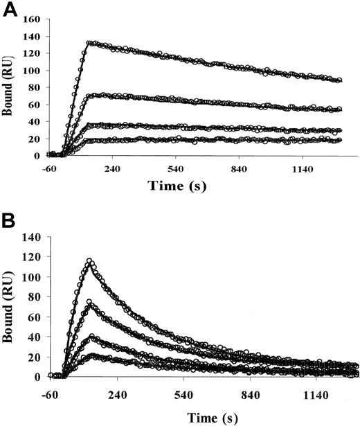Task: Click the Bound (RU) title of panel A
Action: coord(8,88)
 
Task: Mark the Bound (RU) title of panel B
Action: coord(8,307)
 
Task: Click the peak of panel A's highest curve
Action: coord(89,42)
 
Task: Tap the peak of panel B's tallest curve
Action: coord(89,261)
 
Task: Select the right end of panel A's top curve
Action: coord(340,80)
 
